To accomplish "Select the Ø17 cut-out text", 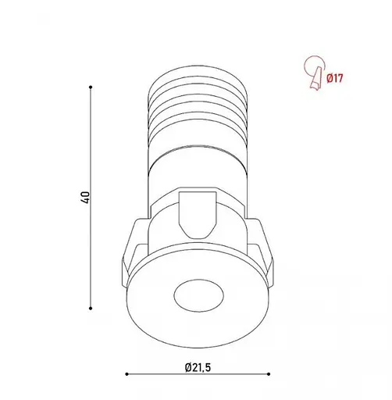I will pyautogui.click(x=336, y=77).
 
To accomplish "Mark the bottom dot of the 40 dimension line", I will pyautogui.click(x=93, y=307).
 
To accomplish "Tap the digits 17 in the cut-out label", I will pyautogui.click(x=340, y=77).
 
